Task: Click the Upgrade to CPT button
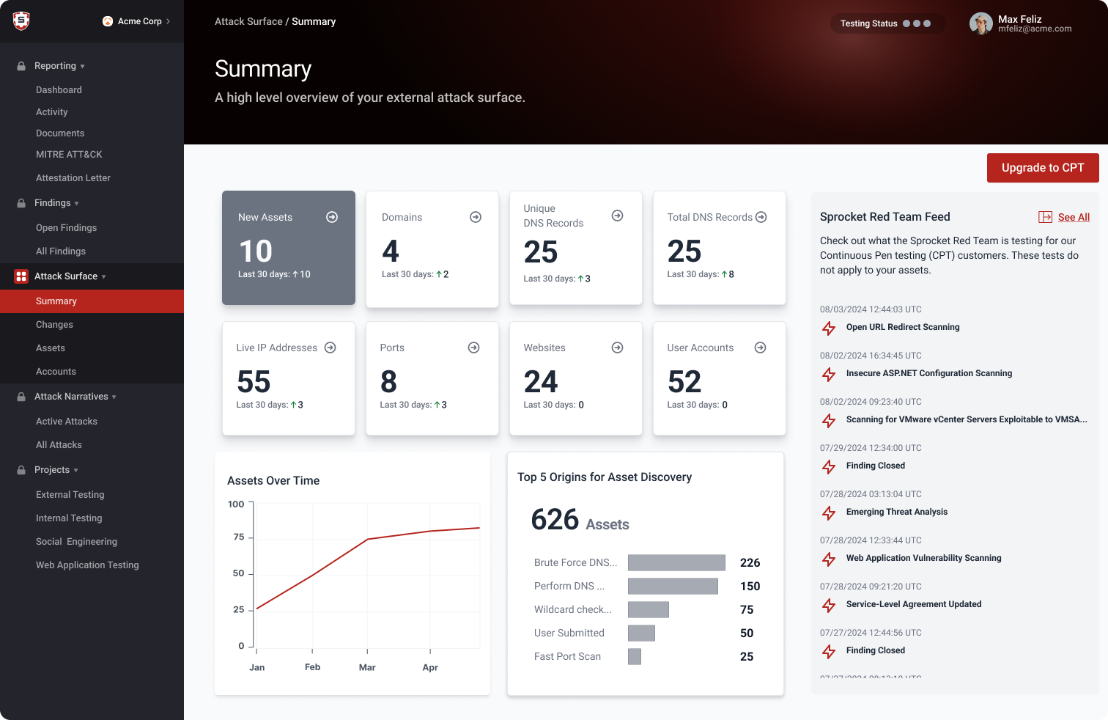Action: tap(1042, 168)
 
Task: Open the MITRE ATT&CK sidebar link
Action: tap(69, 155)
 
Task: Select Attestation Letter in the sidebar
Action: tap(73, 178)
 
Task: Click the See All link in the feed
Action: tap(1073, 217)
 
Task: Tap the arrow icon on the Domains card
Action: tap(476, 217)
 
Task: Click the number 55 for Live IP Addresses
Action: tap(254, 382)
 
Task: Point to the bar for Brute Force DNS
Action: tap(676, 562)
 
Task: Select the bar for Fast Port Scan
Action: tap(635, 656)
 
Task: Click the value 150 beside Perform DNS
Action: tap(750, 586)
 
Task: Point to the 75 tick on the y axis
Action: tap(239, 537)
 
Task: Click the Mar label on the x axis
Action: tap(367, 667)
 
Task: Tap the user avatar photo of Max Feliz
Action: tap(980, 23)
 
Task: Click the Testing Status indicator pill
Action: tap(886, 23)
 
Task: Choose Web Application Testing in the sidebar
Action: tap(87, 565)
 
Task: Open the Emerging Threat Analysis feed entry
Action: tap(896, 512)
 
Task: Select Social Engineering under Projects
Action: tap(76, 542)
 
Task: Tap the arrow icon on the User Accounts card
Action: tap(760, 348)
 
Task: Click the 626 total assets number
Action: tap(555, 520)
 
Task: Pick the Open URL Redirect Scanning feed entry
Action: tap(902, 327)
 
